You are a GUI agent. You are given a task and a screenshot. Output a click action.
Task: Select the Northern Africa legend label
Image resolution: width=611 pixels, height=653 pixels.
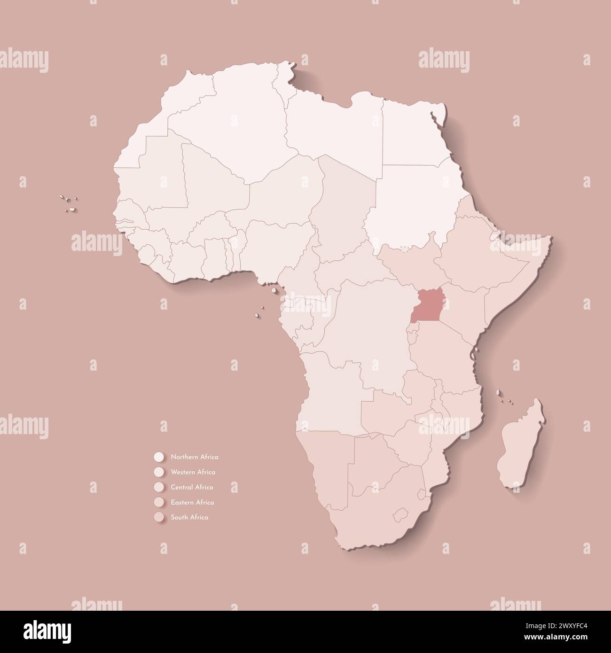pyautogui.click(x=195, y=457)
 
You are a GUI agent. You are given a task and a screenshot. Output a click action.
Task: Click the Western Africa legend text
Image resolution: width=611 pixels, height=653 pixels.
pyautogui.click(x=193, y=472)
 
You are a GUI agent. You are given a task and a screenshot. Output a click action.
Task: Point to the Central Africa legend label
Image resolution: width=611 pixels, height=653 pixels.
pyautogui.click(x=192, y=487)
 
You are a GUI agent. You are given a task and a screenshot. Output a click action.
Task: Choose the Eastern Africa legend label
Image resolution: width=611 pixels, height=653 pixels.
pyautogui.click(x=193, y=502)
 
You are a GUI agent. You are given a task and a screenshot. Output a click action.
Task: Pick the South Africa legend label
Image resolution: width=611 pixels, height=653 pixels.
pyautogui.click(x=190, y=517)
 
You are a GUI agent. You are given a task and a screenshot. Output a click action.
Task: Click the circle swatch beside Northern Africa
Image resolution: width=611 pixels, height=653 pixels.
pyautogui.click(x=158, y=457)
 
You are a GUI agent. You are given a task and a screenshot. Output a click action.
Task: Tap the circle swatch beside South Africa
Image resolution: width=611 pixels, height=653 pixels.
pyautogui.click(x=158, y=517)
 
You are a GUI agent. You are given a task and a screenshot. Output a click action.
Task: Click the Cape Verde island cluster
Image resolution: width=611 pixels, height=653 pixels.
pyautogui.click(x=69, y=202)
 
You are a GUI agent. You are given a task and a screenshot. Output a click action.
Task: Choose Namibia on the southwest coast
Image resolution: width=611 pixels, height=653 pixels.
pyautogui.click(x=324, y=460)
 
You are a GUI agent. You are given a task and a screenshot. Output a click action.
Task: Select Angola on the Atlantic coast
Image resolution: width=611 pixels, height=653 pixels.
pyautogui.click(x=329, y=390)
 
